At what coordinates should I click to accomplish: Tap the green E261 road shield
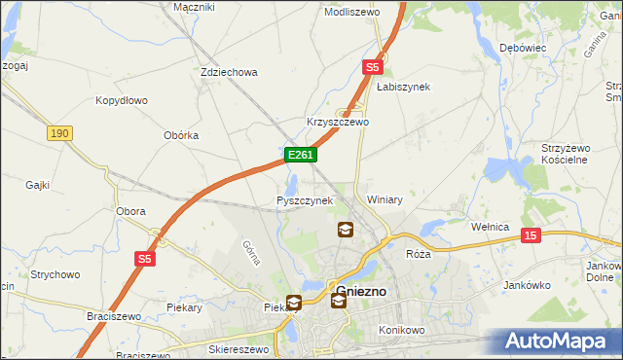click(x=299, y=155)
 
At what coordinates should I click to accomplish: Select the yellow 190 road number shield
click(x=59, y=132)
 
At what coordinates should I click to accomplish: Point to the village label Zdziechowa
click(x=228, y=72)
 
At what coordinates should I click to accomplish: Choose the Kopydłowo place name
click(x=121, y=100)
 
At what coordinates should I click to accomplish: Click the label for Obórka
click(x=176, y=135)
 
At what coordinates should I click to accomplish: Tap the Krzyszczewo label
click(x=338, y=122)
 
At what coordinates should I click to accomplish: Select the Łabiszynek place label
click(x=403, y=87)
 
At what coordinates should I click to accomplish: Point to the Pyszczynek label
click(x=305, y=200)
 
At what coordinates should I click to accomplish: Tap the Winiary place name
click(x=385, y=199)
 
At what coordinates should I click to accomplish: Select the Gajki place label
click(x=38, y=184)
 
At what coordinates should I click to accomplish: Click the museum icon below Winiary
click(x=345, y=230)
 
